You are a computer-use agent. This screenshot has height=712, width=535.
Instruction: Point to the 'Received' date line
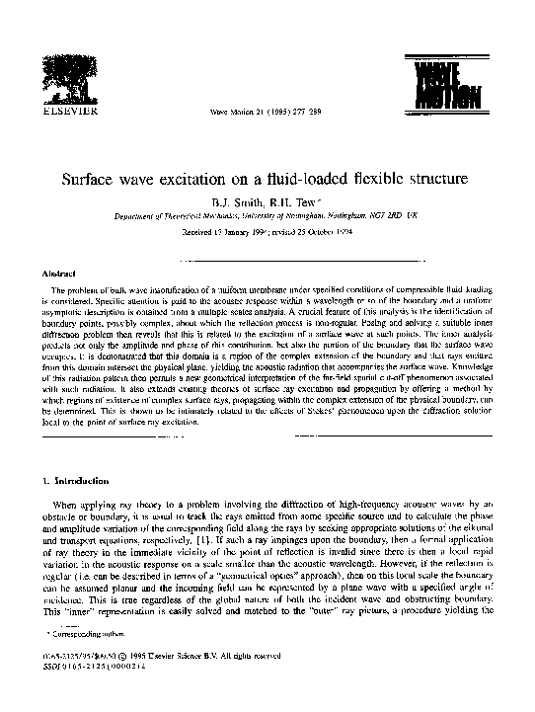267,234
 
